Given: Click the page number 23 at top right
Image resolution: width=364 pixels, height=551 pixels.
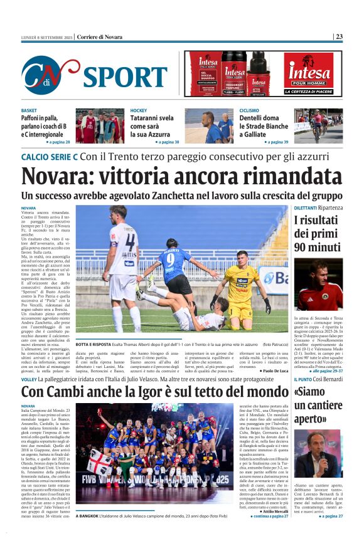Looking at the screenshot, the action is pos(339,37).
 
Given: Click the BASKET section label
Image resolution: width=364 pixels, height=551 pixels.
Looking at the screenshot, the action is pos(29,111).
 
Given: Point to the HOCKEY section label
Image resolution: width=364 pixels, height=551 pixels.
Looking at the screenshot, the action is pos(139,111).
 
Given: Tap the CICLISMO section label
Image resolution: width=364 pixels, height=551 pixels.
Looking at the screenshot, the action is pos(250,111).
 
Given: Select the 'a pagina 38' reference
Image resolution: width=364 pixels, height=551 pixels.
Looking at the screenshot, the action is pos(164,142).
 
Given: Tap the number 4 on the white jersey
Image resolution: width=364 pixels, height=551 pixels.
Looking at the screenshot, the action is pos(130,242).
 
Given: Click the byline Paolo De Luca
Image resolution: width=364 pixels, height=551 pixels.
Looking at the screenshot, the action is pos(272,371).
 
